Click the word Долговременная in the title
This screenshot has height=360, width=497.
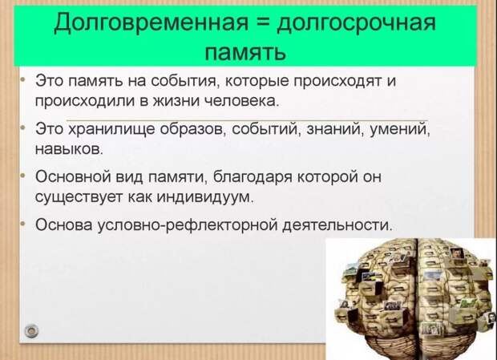[151, 22]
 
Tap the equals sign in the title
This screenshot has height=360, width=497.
[263, 22]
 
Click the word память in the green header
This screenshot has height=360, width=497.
[245, 51]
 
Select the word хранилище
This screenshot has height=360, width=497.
[112, 130]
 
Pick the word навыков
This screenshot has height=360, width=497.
[69, 148]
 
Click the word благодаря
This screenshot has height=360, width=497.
[253, 176]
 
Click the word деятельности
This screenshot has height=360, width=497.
[337, 224]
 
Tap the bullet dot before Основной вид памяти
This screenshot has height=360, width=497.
[22, 176]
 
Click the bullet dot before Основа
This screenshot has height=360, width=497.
[22, 224]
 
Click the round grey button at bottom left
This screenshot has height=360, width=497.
[31, 331]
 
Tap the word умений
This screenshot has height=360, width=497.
[400, 130]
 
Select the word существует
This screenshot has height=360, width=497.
[79, 196]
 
